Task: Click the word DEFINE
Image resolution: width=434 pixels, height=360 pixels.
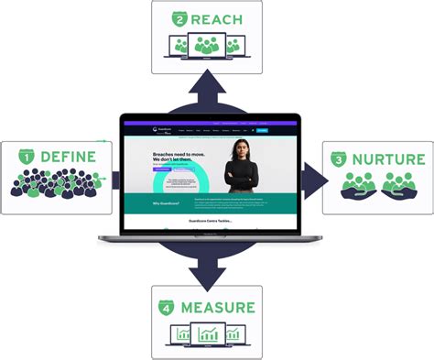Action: click(x=66, y=158)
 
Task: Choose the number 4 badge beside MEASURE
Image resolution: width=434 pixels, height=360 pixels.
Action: click(x=168, y=306)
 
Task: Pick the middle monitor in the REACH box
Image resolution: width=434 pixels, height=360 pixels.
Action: click(x=206, y=46)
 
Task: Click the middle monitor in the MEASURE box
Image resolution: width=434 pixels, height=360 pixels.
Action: click(x=206, y=334)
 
